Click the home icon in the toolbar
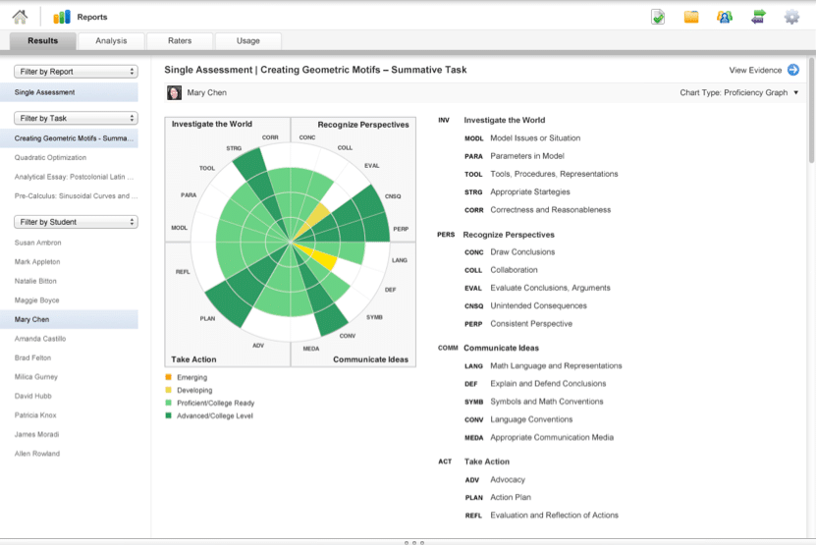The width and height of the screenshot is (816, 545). tap(20, 17)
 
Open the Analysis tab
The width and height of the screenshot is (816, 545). tap(111, 40)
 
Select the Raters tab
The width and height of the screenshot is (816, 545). tap(180, 40)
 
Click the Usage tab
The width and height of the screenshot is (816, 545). tap(248, 40)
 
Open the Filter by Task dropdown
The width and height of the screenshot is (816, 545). tap(76, 118)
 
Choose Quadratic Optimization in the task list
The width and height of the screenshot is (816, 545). tap(50, 158)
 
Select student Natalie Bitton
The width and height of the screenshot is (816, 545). tap(35, 281)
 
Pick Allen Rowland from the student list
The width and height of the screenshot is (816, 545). tap(37, 454)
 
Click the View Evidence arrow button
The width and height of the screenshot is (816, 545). tap(793, 70)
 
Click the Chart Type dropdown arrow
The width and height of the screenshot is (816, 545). tap(795, 92)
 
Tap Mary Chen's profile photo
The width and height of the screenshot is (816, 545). tap(174, 92)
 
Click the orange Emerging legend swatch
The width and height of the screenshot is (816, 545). tap(168, 377)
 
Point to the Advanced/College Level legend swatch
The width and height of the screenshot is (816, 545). tap(168, 415)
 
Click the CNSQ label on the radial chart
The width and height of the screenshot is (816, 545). tap(393, 196)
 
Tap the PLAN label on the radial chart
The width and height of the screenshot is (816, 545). tap(207, 318)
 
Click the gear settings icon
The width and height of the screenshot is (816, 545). tap(791, 17)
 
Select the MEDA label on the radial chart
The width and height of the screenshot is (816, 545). tap(311, 349)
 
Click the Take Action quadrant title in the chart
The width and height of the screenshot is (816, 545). tap(193, 359)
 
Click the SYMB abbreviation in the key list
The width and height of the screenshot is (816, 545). tap(473, 402)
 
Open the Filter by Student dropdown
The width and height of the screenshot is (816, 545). tap(76, 222)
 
